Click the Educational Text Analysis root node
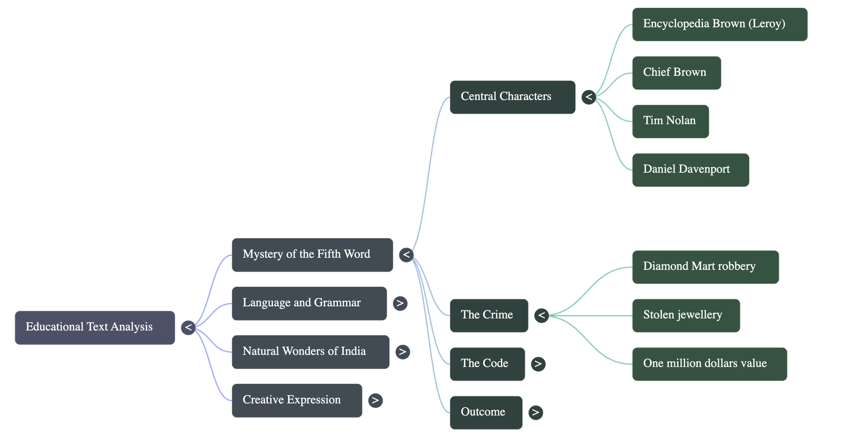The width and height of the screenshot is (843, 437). [x=95, y=327]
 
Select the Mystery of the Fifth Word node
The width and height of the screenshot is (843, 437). [x=312, y=255]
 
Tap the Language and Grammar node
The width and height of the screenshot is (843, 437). [x=309, y=303]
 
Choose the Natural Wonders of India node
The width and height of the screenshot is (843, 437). [x=310, y=352]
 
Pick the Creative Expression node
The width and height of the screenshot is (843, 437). [x=297, y=400]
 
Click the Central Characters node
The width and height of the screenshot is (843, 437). [x=512, y=97]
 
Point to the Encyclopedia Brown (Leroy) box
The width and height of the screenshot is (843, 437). [x=719, y=24]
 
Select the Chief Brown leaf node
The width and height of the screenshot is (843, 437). [x=676, y=73]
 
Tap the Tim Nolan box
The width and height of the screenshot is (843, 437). [x=670, y=121]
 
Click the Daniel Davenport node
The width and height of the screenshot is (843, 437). [x=690, y=170]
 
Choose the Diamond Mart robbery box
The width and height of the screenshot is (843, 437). [x=705, y=267]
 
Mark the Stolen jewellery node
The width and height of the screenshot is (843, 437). [x=686, y=315]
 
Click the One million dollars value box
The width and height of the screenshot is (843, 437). [x=709, y=364]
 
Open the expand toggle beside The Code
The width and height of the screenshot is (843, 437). [x=538, y=364]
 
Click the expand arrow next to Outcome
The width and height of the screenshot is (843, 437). [x=535, y=412]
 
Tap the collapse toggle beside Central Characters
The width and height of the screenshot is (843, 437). [x=589, y=97]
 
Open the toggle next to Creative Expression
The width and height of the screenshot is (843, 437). [x=375, y=400]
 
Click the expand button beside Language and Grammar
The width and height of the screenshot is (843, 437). [x=400, y=303]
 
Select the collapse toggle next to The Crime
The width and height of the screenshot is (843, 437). [x=542, y=315]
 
